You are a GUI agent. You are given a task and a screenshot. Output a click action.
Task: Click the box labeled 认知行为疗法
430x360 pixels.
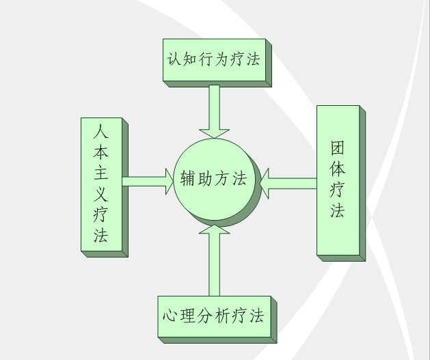214,59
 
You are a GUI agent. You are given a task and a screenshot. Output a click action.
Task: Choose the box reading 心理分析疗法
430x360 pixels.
213,317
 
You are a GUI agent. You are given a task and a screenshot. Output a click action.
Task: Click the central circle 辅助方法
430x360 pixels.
214,180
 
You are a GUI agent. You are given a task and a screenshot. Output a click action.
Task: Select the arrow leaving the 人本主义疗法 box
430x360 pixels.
148,181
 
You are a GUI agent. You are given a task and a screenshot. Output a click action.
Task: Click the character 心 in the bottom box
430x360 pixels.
171,317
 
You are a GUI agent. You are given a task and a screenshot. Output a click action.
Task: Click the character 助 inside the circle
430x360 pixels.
205,180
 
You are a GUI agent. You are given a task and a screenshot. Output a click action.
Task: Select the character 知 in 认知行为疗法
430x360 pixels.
192,59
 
